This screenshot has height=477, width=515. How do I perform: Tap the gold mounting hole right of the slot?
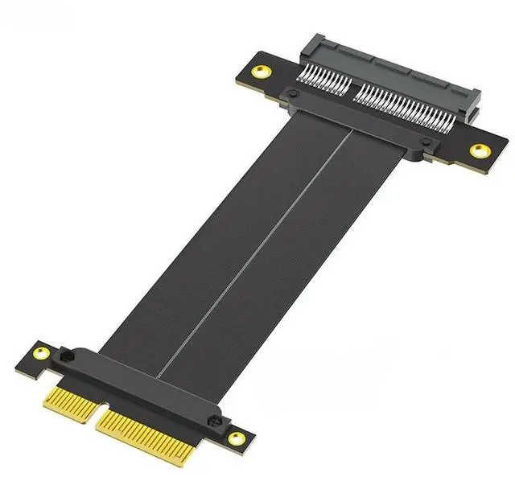[x=480, y=150]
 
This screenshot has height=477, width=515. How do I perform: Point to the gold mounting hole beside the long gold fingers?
[x=237, y=438]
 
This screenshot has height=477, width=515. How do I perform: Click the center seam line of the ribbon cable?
[x=257, y=249]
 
